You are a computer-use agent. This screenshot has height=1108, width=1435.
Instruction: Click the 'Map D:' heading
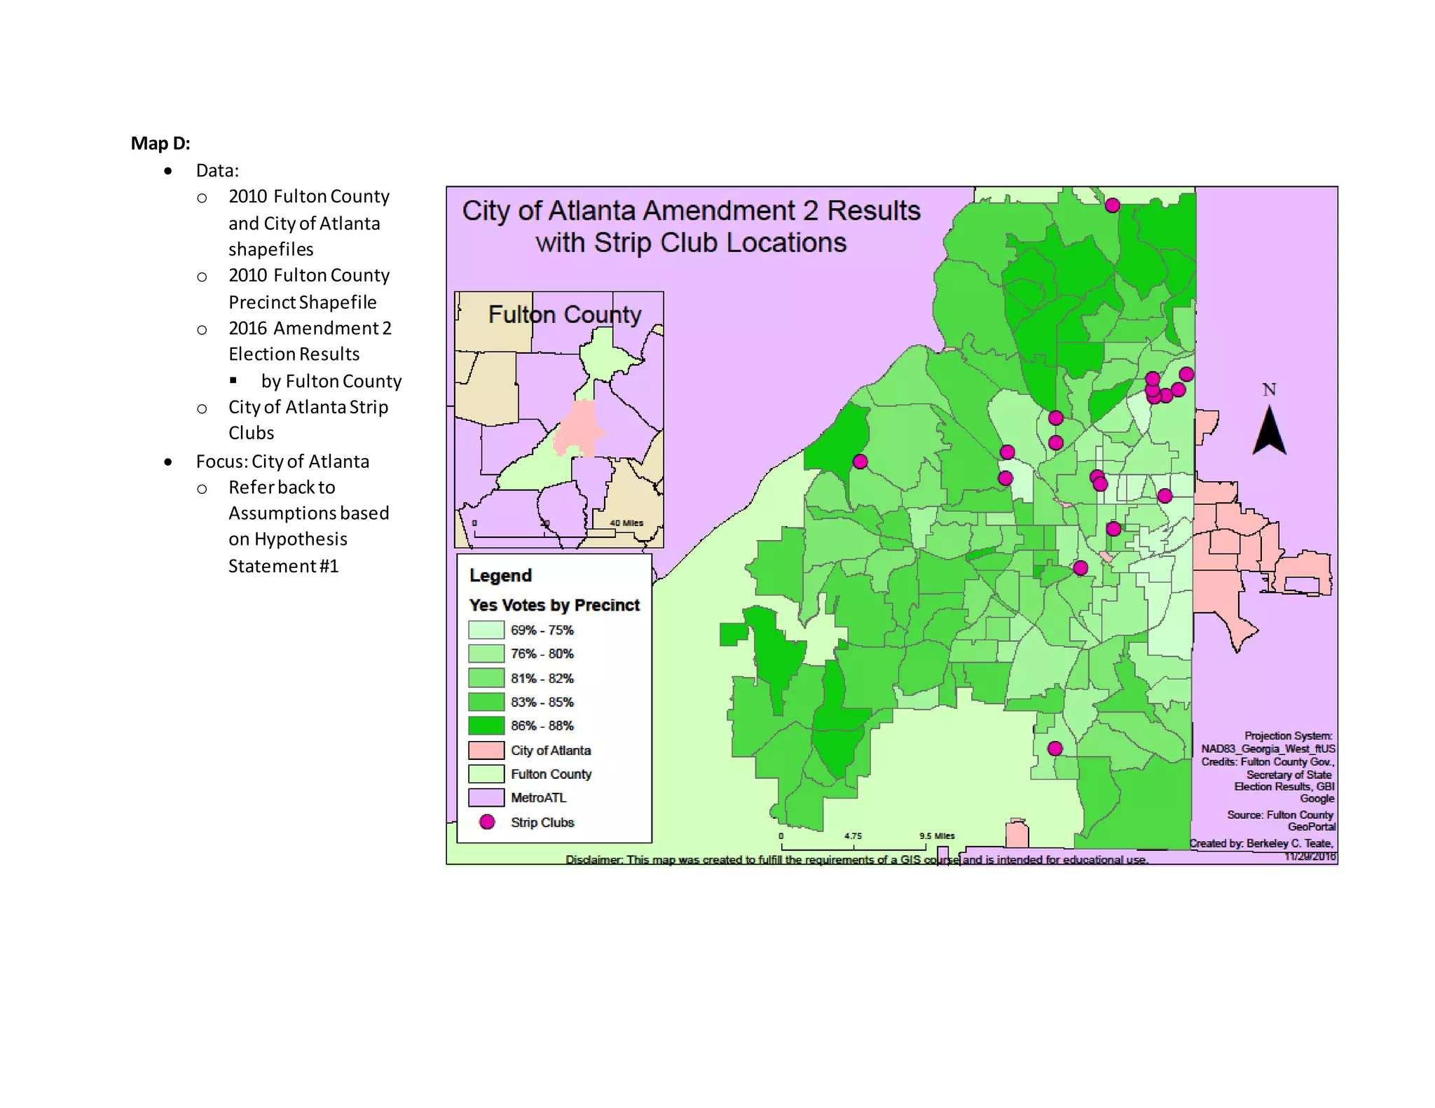(160, 144)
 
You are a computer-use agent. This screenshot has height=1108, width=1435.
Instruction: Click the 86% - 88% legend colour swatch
(486, 726)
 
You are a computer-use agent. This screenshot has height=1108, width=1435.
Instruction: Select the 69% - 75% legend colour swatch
(486, 630)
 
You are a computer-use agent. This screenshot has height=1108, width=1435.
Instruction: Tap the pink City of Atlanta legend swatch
(486, 750)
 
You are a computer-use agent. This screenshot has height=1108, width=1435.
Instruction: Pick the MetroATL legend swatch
(486, 798)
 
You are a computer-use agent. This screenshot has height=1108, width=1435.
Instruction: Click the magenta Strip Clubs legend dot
(487, 822)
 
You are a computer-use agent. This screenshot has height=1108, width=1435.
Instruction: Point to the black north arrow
(1269, 432)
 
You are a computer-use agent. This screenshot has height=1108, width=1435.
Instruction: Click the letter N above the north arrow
(1269, 390)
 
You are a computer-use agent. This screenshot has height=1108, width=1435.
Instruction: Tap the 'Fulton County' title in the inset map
(564, 314)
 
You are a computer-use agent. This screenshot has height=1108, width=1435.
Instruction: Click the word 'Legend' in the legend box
(500, 576)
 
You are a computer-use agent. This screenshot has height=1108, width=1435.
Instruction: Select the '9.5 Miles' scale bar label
(937, 836)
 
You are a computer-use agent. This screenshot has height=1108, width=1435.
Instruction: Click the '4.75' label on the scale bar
(853, 836)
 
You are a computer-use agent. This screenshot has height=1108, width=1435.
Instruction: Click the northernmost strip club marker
(1112, 205)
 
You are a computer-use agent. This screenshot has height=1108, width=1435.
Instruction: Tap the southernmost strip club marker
(1055, 749)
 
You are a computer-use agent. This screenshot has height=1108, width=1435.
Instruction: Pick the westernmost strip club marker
(860, 462)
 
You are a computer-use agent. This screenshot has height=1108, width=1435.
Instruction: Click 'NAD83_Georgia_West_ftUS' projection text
(1268, 749)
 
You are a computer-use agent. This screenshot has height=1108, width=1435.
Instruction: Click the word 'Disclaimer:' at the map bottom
(593, 859)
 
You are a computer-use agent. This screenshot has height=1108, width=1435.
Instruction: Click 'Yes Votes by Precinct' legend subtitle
(554, 605)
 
